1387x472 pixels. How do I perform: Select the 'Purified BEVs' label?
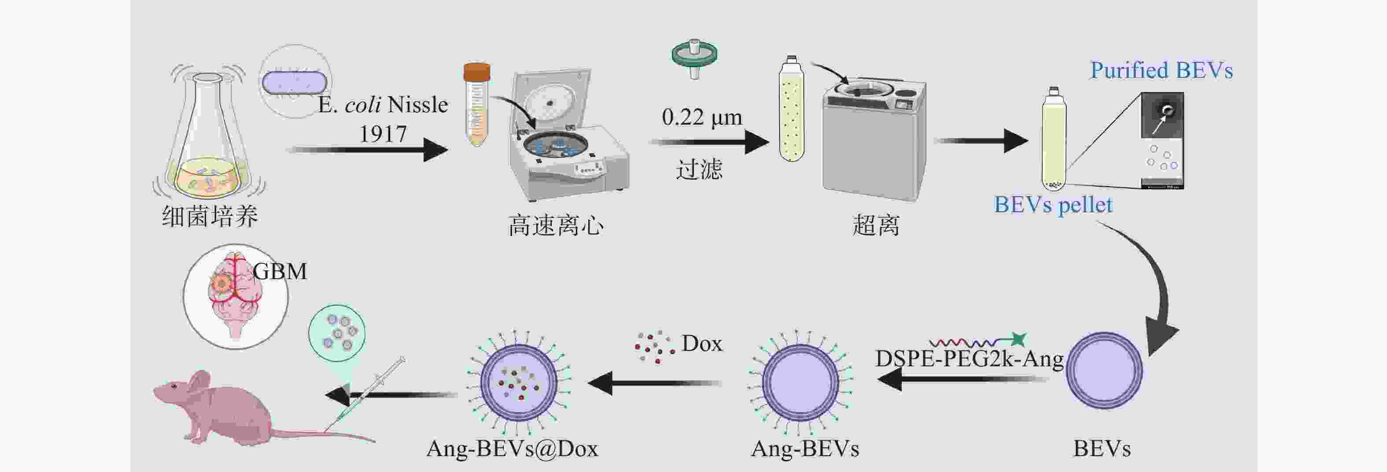pos(1162,70)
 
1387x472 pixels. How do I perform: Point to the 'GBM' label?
pos(280,271)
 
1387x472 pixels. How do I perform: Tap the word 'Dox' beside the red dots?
pos(701,343)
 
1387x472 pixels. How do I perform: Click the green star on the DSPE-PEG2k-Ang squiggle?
pos(1017,339)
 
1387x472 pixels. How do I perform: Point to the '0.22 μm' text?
pos(701,117)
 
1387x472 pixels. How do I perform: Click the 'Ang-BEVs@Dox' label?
pos(512,448)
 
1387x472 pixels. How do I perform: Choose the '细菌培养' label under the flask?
pos(210,216)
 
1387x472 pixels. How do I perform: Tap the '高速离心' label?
pos(556,225)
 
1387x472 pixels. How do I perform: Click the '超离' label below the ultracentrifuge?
pos(875,225)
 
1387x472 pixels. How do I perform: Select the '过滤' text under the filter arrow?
pos(699,170)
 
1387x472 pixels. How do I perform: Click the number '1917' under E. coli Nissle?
pos(383,134)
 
